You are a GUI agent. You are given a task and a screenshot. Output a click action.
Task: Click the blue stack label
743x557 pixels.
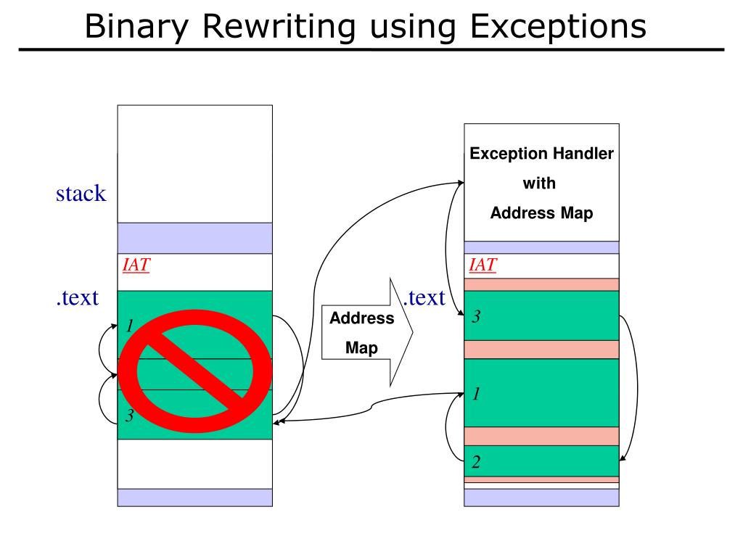(x=81, y=194)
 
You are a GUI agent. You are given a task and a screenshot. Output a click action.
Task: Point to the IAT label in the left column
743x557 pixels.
(x=136, y=265)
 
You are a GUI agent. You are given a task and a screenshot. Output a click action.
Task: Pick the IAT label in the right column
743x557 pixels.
(x=483, y=265)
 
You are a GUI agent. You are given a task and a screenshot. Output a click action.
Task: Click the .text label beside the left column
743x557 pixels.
(x=77, y=297)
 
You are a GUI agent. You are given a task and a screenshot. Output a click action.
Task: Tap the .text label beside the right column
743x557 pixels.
(x=424, y=297)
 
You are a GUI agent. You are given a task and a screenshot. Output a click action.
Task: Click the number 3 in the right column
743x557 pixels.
(x=476, y=316)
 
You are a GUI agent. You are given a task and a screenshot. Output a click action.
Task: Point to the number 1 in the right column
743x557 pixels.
(x=476, y=394)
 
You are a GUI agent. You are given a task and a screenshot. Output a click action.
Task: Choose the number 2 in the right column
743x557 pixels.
(x=476, y=462)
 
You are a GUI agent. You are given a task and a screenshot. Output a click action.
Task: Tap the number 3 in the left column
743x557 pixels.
(x=129, y=416)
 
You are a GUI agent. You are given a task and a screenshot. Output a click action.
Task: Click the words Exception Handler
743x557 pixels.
(x=541, y=154)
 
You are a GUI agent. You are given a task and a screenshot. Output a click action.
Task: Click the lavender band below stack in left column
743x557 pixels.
(x=194, y=238)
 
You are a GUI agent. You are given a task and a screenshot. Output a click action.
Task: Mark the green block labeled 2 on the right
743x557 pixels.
(x=541, y=461)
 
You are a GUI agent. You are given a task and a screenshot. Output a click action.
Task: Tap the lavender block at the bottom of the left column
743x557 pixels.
(x=194, y=497)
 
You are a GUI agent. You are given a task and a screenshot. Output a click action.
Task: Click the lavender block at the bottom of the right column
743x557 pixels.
(x=541, y=497)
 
